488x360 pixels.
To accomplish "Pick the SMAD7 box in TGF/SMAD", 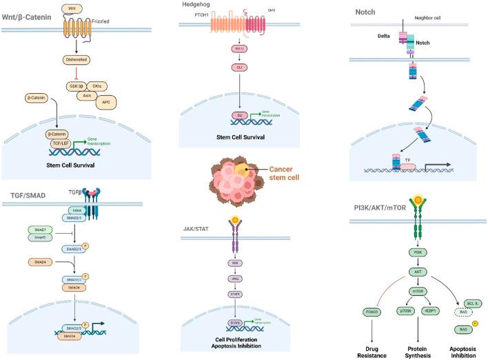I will (36, 228).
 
